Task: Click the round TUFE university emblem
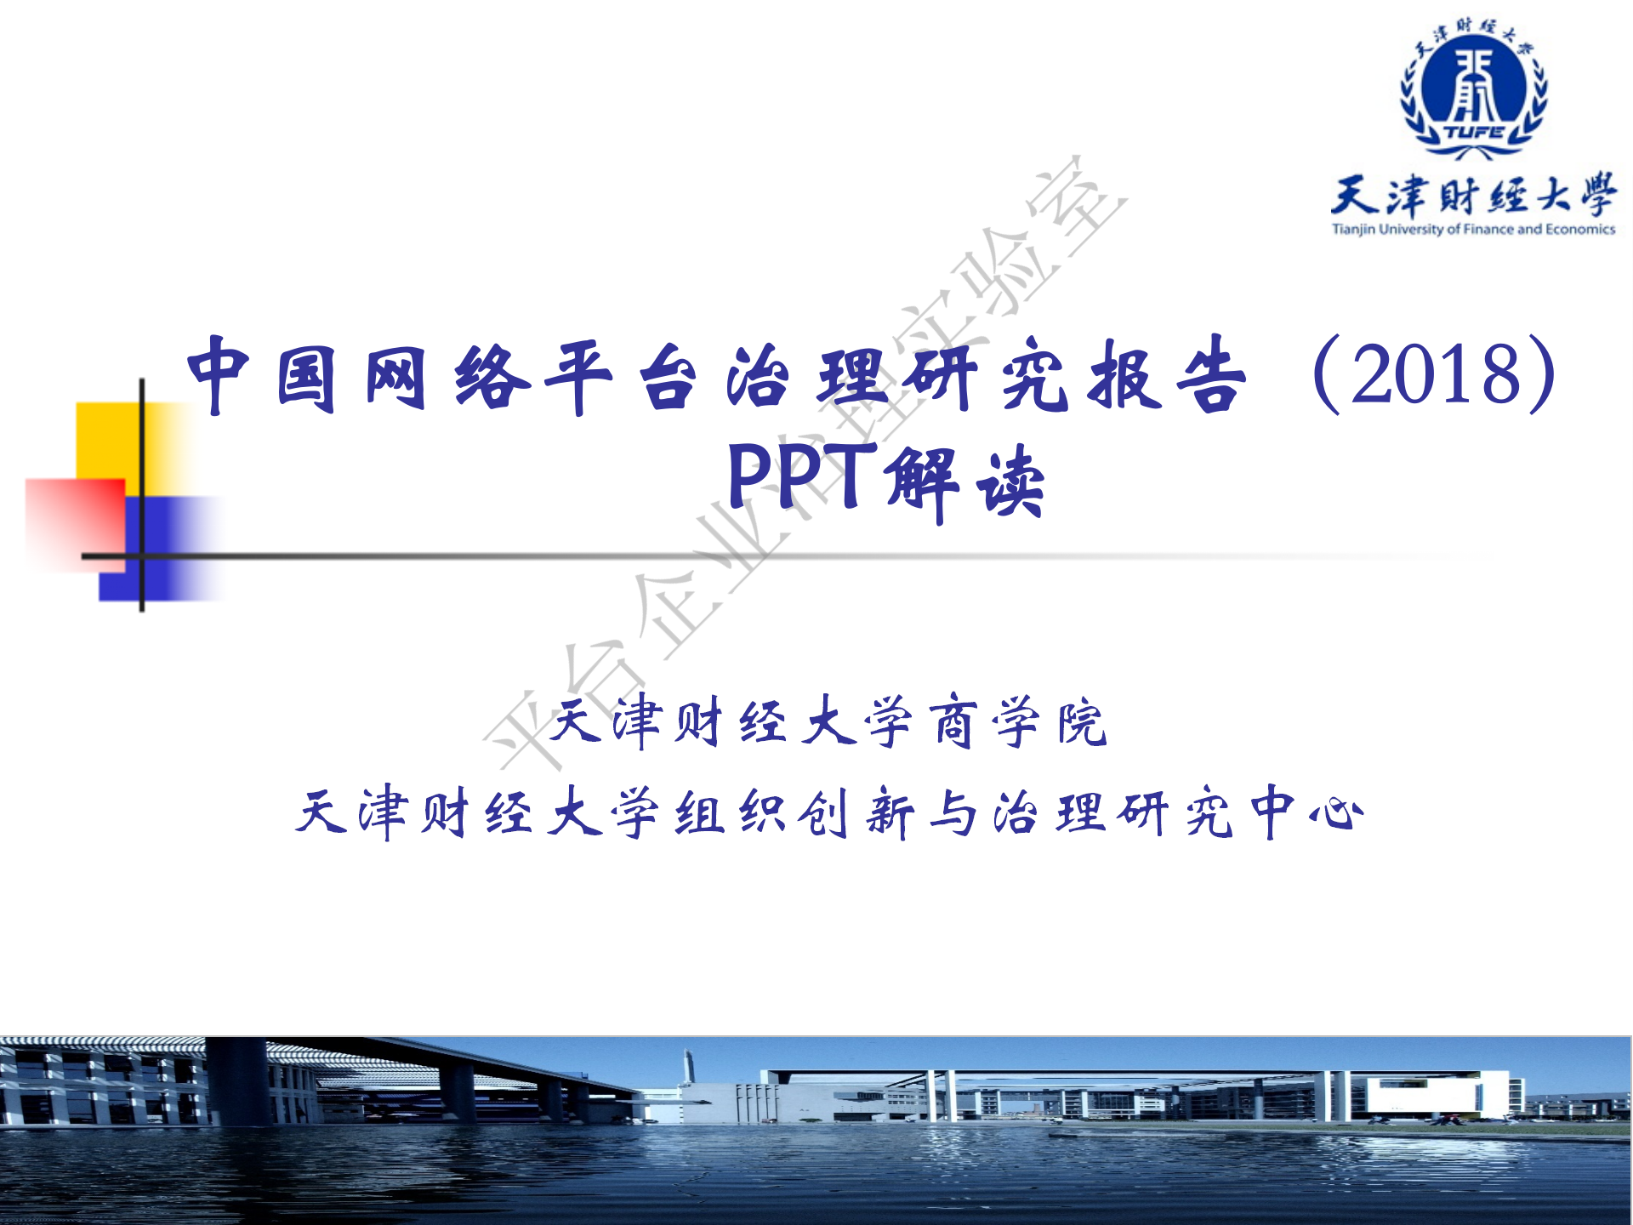point(1474,89)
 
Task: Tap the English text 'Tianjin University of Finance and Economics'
point(1473,229)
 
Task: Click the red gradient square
point(75,525)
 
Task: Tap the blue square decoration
point(162,549)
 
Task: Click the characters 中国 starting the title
point(261,375)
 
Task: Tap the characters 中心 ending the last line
point(1308,812)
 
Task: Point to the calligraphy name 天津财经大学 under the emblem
point(1473,195)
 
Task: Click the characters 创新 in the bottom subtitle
point(856,812)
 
